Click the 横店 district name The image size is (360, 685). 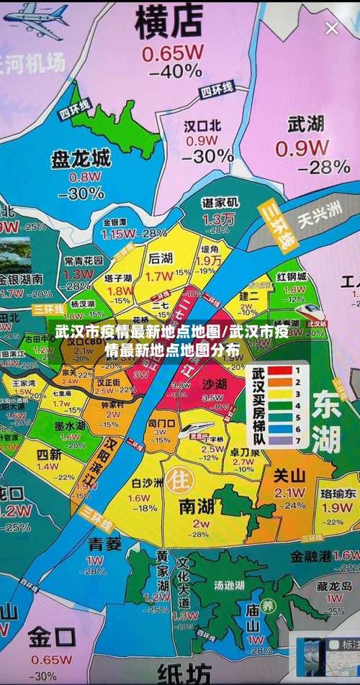171,20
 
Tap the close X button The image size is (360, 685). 331,29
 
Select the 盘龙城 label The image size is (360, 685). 81,158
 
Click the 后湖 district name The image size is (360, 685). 160,258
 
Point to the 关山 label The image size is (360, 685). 290,475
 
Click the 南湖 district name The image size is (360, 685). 195,505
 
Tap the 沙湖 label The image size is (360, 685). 215,383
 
